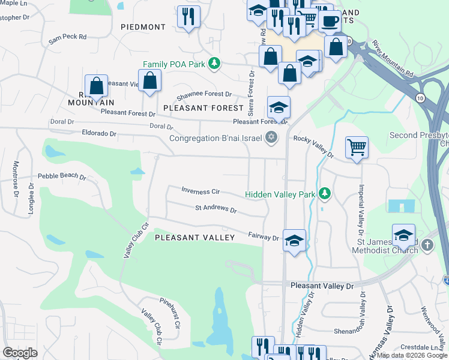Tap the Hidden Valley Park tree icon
[324, 193]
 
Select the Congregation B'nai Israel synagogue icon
[271, 138]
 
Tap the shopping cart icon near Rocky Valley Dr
[357, 147]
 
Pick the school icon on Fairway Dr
[294, 241]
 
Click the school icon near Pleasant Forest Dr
[278, 107]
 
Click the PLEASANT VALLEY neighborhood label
[194, 238]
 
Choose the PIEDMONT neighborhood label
[142, 27]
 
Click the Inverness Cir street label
[200, 191]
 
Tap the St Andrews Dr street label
[215, 209]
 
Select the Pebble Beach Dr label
[62, 177]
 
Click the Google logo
[20, 353]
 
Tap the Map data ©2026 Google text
[411, 355]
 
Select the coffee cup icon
[329, 22]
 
